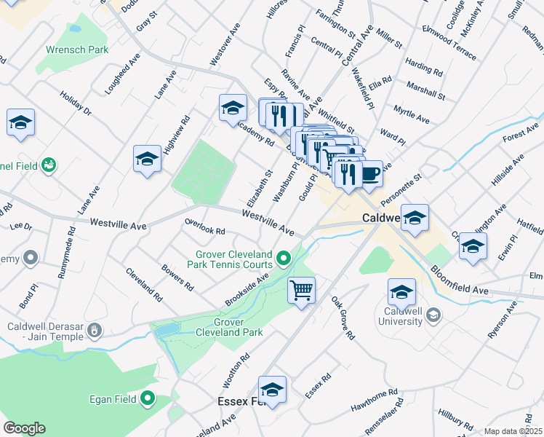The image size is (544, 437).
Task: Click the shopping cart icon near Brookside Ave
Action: pyautogui.click(x=301, y=291)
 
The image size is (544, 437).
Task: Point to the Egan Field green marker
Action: pyautogui.click(x=148, y=398)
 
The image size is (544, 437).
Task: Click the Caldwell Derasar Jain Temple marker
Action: pyautogui.click(x=94, y=333)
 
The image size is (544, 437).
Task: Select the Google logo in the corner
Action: pyautogui.click(x=24, y=428)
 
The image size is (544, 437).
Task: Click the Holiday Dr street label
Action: pyautogui.click(x=76, y=104)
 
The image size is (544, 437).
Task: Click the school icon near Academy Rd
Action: pyautogui.click(x=233, y=109)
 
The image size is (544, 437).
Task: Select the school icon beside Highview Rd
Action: pyautogui.click(x=147, y=160)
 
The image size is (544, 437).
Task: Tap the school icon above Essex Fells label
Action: pyautogui.click(x=273, y=390)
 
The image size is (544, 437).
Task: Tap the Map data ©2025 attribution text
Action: pyautogui.click(x=512, y=431)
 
